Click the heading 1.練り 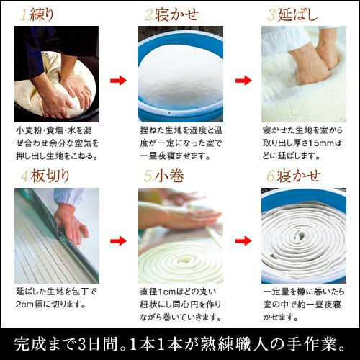click(x=37, y=15)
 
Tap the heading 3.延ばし click(x=292, y=15)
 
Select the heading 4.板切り click(x=45, y=176)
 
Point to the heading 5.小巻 click(x=164, y=176)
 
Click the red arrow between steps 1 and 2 click(x=118, y=81)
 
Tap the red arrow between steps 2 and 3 click(x=243, y=81)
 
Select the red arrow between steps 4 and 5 click(x=118, y=240)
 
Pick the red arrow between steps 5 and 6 click(x=243, y=240)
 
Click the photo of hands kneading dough click(x=57, y=74)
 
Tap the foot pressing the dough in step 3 click(x=312, y=63)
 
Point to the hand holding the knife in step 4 click(x=71, y=225)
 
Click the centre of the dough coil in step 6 click(x=301, y=234)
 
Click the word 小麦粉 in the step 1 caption click(x=28, y=130)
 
